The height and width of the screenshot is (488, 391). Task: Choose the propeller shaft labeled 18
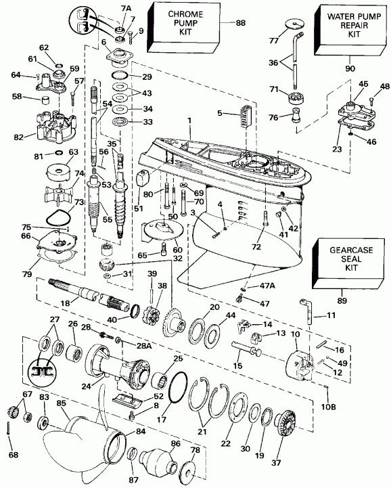click(x=85, y=293)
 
